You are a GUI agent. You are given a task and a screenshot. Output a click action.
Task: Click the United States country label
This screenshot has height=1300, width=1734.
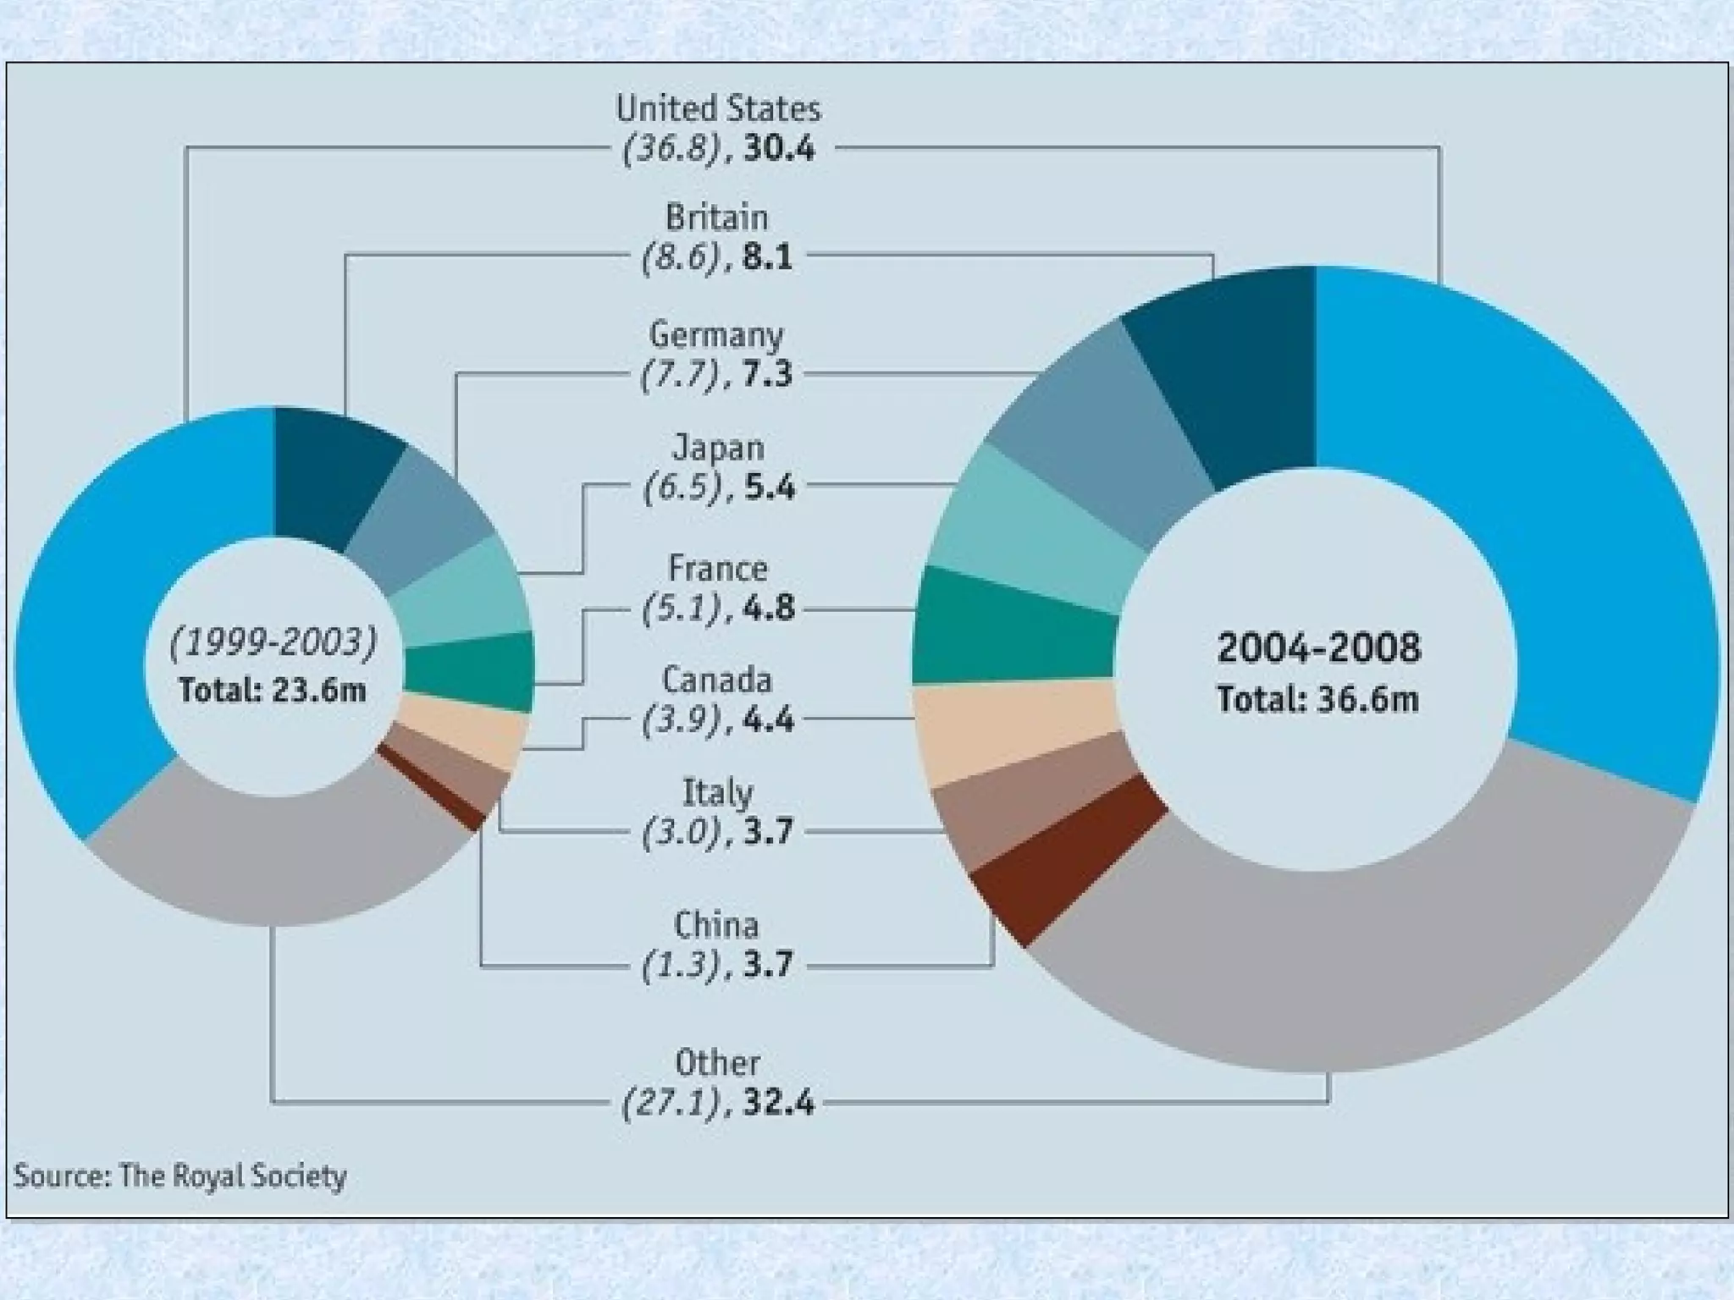coord(717,109)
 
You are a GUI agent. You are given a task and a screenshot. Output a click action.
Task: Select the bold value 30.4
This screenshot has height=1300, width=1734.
coord(779,150)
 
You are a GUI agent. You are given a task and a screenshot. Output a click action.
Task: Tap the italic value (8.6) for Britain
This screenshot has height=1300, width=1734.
coord(680,256)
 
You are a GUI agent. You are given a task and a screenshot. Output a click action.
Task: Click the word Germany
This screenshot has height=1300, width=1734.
coord(715,335)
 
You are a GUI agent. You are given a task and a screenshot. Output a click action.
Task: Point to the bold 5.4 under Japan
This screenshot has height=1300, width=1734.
coord(769,487)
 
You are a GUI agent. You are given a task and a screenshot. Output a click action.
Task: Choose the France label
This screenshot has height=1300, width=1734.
coord(717,568)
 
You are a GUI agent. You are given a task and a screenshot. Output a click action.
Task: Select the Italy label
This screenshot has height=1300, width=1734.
coord(717,793)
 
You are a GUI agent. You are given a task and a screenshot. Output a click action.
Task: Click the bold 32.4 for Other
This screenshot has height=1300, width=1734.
coord(779,1104)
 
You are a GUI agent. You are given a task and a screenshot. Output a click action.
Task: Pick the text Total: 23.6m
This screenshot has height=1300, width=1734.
coord(272,691)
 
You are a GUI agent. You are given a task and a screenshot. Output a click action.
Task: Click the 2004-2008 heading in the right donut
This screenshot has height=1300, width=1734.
coord(1318,648)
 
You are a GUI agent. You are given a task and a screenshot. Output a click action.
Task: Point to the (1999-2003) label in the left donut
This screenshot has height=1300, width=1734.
coord(273,642)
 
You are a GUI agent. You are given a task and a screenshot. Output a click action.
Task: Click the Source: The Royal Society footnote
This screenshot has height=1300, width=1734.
coord(180,1176)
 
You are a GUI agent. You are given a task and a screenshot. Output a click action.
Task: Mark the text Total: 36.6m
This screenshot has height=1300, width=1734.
coord(1317,700)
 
